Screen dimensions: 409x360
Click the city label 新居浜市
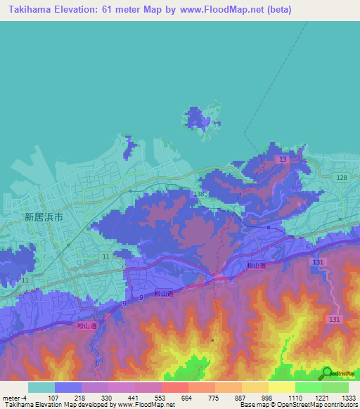pos(44,218)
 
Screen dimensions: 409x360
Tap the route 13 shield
pos(283,160)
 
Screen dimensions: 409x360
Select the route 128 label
pos(341,178)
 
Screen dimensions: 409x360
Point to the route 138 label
pos(198,193)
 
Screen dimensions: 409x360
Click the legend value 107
pos(53,398)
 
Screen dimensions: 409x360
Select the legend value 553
pos(160,398)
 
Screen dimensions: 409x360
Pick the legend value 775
pos(214,398)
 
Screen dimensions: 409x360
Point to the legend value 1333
pos(349,398)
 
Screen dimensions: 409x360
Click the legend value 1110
pos(295,398)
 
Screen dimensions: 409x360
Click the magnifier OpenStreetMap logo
pos(327,373)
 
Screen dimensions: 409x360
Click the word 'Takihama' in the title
pos(32,10)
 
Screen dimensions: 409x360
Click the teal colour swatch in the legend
pos(41,387)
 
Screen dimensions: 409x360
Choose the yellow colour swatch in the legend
pos(281,387)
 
